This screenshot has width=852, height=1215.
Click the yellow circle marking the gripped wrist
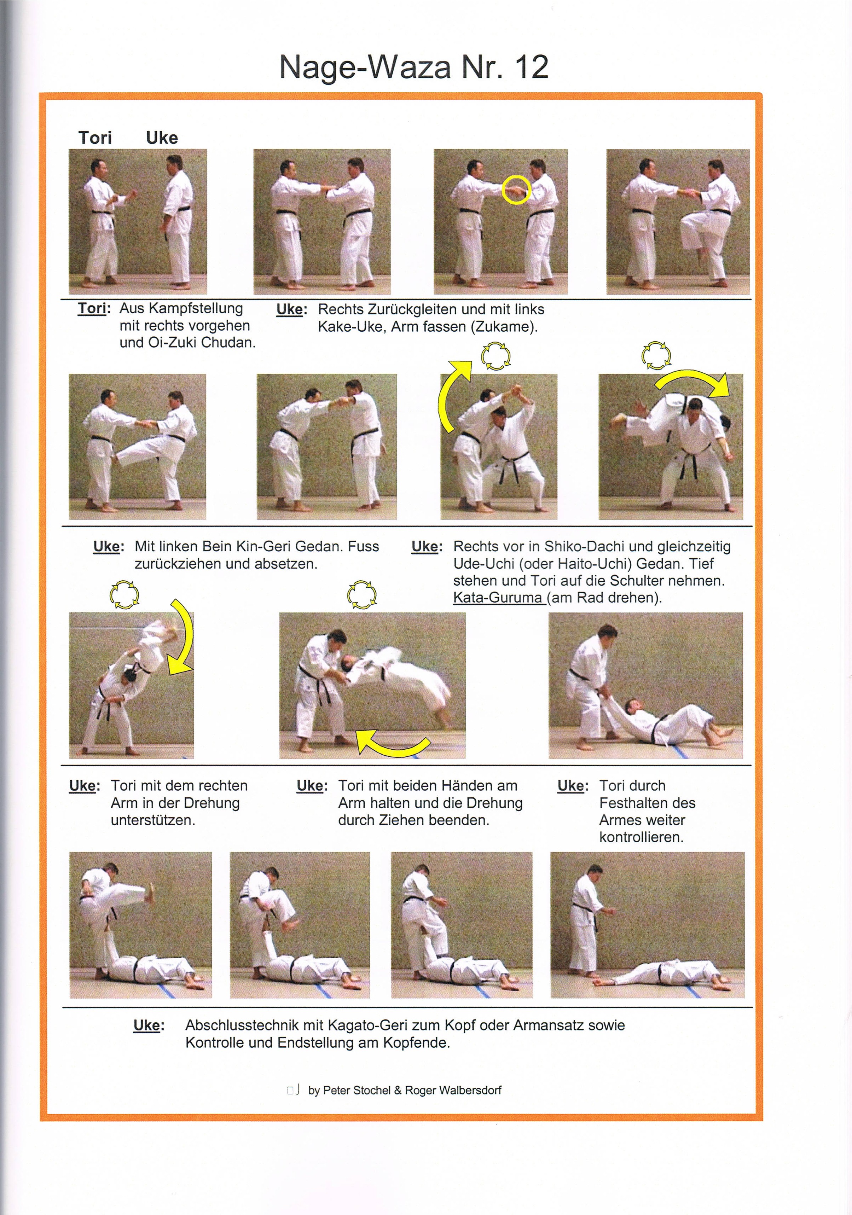coord(516,190)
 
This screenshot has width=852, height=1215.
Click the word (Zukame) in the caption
coord(503,326)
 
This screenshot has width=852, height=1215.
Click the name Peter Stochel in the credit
coord(356,1090)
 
